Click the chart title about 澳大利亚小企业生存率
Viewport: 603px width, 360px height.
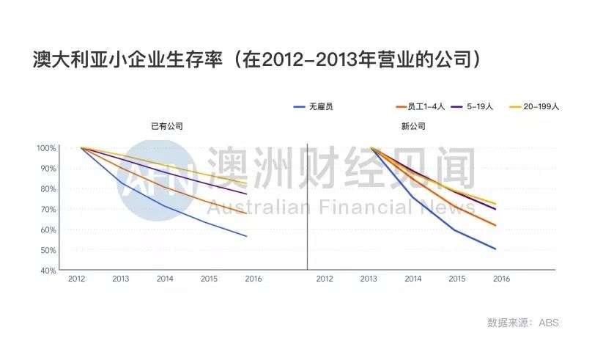point(256,59)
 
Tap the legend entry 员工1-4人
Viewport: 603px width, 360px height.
point(421,106)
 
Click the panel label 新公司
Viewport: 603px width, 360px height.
point(413,126)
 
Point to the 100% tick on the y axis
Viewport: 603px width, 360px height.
point(45,148)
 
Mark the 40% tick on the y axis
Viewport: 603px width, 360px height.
point(47,271)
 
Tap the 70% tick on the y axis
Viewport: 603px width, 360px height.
point(47,210)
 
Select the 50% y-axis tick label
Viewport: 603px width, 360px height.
point(47,250)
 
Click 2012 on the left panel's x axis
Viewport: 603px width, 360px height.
point(77,279)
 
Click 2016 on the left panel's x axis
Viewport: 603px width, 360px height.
point(254,279)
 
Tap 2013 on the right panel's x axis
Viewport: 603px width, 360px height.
point(369,279)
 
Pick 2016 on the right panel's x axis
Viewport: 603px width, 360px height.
point(501,279)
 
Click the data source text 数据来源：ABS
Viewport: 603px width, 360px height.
point(522,323)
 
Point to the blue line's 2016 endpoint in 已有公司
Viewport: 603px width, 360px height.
point(247,236)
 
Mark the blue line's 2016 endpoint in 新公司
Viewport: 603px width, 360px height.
point(496,249)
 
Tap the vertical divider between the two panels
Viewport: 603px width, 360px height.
point(307,205)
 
